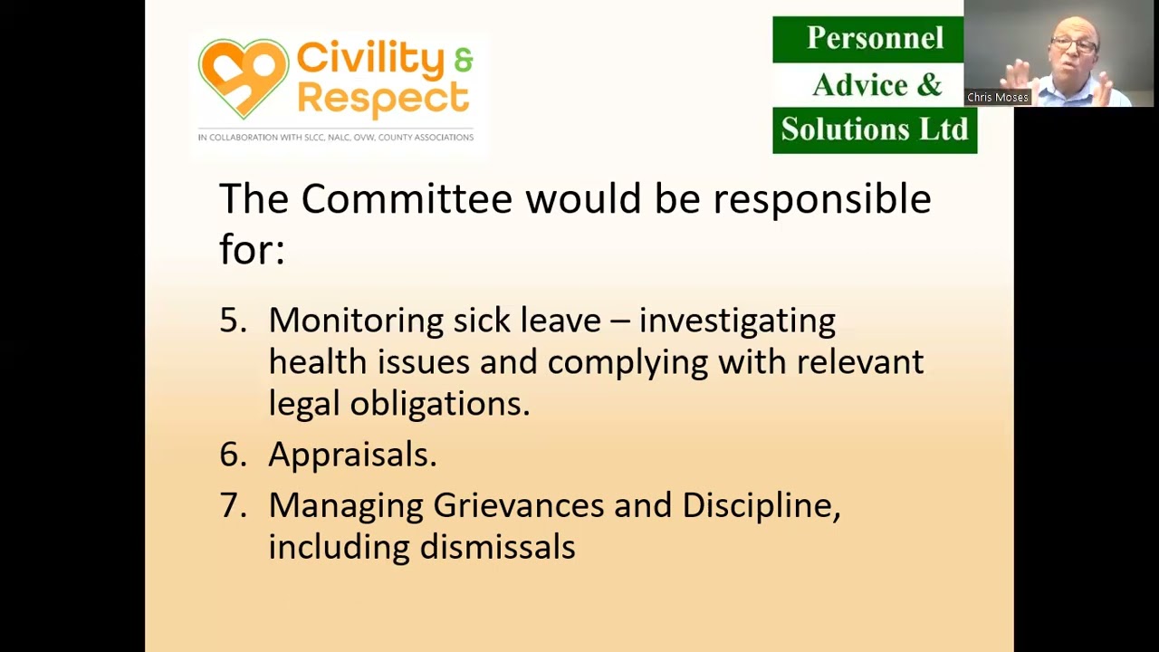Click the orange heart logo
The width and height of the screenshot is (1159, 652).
[x=243, y=78]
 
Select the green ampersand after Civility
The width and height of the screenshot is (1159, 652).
[x=464, y=60]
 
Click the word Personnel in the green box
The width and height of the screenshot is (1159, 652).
[x=862, y=38]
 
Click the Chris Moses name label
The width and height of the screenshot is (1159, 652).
[x=997, y=98]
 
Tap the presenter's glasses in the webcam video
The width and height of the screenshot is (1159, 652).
[x=1075, y=43]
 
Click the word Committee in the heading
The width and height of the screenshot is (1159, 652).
[x=406, y=199]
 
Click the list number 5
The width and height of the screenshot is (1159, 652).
[x=232, y=321]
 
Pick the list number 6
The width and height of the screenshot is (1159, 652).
[x=232, y=455]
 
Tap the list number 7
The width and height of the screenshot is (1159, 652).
[x=232, y=505]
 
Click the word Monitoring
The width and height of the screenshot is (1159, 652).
[x=356, y=321]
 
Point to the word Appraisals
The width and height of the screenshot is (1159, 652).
[x=351, y=455]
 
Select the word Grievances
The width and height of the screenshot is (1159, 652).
[x=518, y=505]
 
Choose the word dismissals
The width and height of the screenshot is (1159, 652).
[x=497, y=547]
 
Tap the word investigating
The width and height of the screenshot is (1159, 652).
[x=737, y=321]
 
